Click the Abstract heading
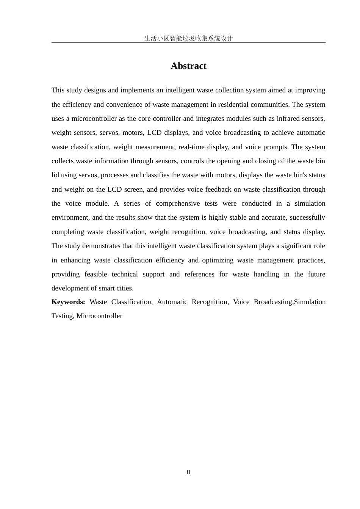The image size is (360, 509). click(x=188, y=66)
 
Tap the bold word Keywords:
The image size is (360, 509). click(x=68, y=302)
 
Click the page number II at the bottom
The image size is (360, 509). click(x=188, y=472)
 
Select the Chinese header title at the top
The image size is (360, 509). click(x=188, y=38)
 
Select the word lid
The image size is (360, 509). click(x=55, y=175)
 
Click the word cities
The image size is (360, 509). click(x=124, y=289)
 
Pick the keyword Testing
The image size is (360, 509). click(x=62, y=316)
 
